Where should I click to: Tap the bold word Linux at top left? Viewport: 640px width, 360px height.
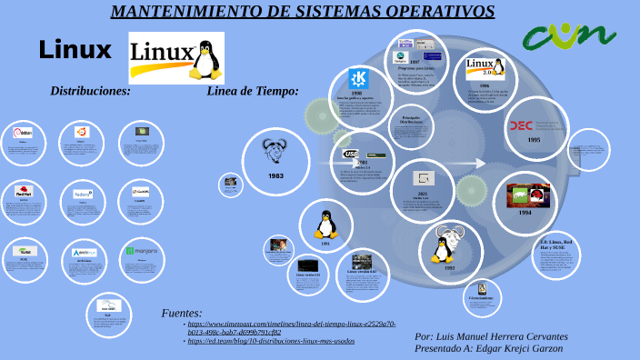[75, 50]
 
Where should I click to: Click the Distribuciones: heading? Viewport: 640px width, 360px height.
[90, 91]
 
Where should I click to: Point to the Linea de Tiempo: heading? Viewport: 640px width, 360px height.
[253, 91]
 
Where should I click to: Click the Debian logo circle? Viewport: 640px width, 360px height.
[24, 133]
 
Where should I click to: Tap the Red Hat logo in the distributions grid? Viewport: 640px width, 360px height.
[24, 191]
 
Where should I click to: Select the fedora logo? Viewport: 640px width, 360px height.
[83, 193]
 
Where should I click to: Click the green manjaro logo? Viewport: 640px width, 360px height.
[142, 250]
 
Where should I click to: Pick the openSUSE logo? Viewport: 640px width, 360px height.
[24, 250]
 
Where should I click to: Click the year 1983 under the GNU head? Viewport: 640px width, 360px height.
[275, 175]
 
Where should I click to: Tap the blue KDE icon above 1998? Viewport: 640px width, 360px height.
[357, 78]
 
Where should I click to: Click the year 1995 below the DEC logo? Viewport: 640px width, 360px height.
[534, 140]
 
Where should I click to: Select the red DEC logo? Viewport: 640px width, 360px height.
[521, 125]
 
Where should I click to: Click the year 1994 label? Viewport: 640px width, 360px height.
[525, 213]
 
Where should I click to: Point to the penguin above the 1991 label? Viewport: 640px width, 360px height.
[325, 224]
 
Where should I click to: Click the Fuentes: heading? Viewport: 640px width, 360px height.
[182, 313]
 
